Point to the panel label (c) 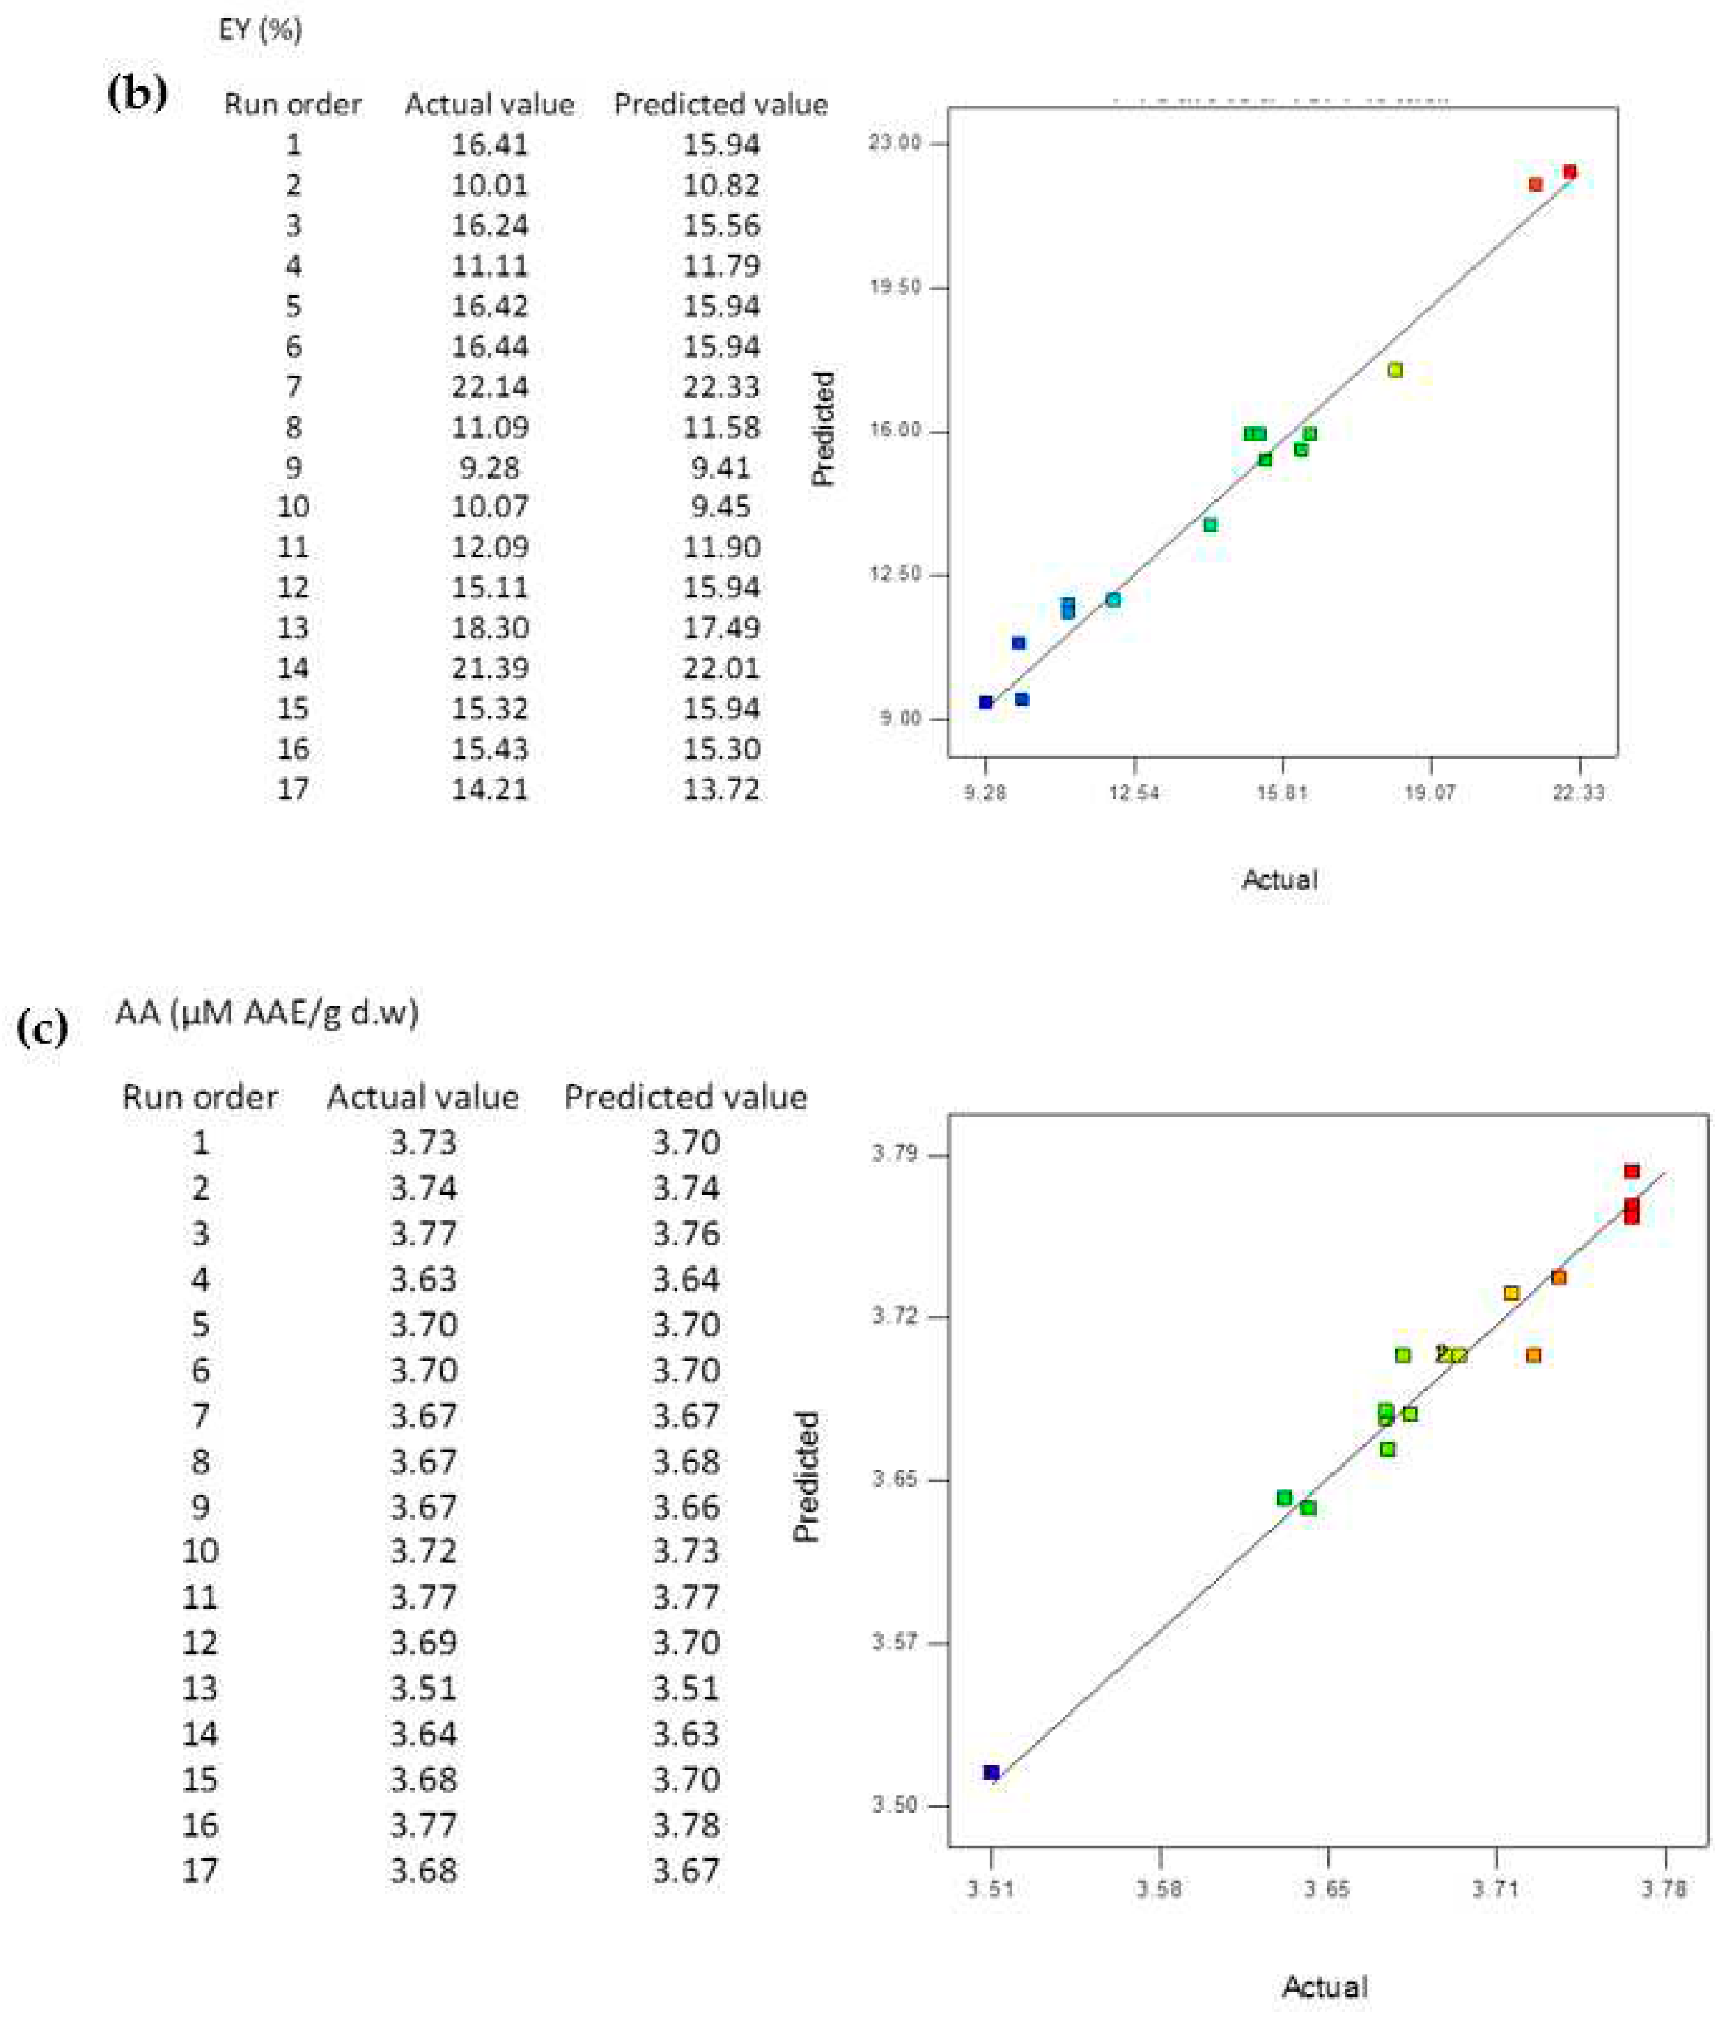coord(43,1028)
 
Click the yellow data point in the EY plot coord(1395,371)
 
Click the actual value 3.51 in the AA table coord(423,1688)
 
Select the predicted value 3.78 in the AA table coord(686,1825)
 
